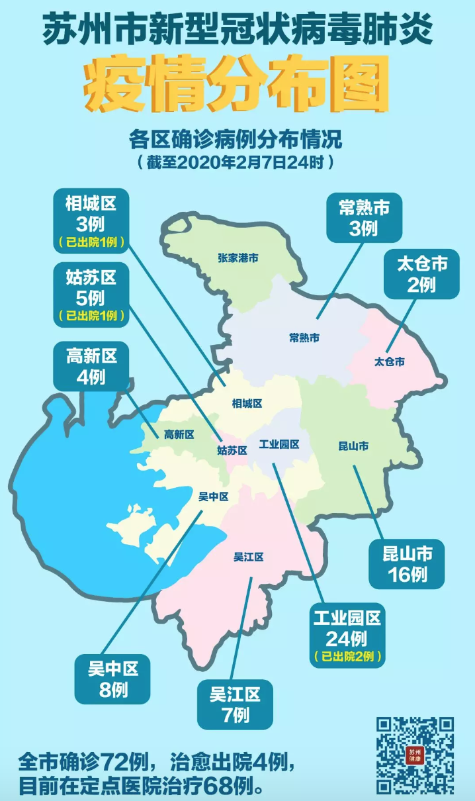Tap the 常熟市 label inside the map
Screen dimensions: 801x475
[x=304, y=338]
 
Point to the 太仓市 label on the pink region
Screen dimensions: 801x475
[x=389, y=362]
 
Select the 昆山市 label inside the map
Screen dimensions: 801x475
[x=353, y=447]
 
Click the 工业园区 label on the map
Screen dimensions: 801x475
[x=279, y=444]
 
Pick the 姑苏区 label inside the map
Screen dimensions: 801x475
[x=232, y=450]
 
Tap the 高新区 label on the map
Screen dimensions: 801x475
[x=179, y=434]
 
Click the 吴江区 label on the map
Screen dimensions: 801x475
[x=249, y=557]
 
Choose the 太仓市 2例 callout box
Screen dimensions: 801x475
[x=421, y=273]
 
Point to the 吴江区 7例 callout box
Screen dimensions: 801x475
[x=236, y=704]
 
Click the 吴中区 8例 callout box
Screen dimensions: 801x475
[x=113, y=679]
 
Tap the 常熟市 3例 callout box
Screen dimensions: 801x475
[x=364, y=217]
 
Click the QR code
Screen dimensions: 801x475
[x=415, y=755]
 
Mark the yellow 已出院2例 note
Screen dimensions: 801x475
[x=347, y=657]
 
